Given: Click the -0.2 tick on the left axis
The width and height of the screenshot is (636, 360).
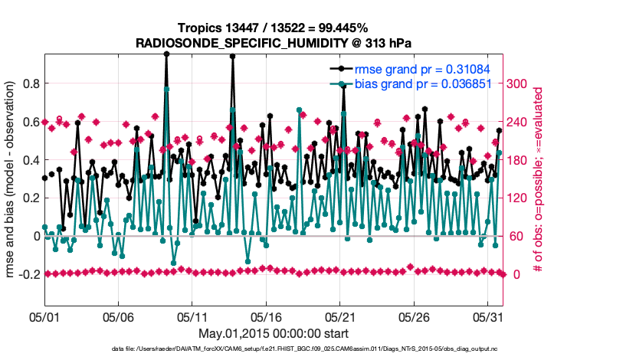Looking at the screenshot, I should click(28, 274).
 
